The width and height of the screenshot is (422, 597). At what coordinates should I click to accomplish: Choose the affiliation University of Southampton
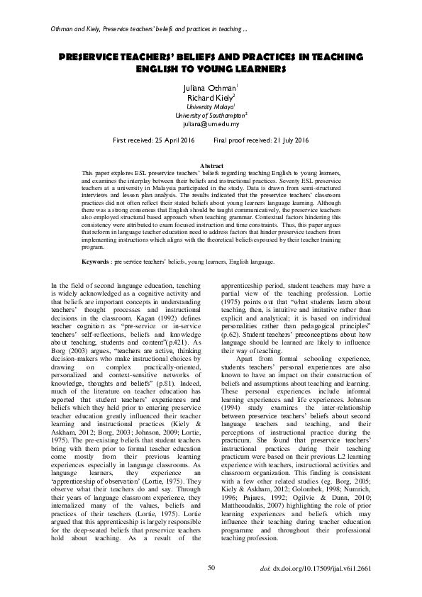(210, 114)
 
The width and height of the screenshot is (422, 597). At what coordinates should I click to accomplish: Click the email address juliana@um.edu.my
(211, 123)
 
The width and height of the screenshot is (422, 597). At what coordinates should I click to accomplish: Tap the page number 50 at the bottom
(211, 567)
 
